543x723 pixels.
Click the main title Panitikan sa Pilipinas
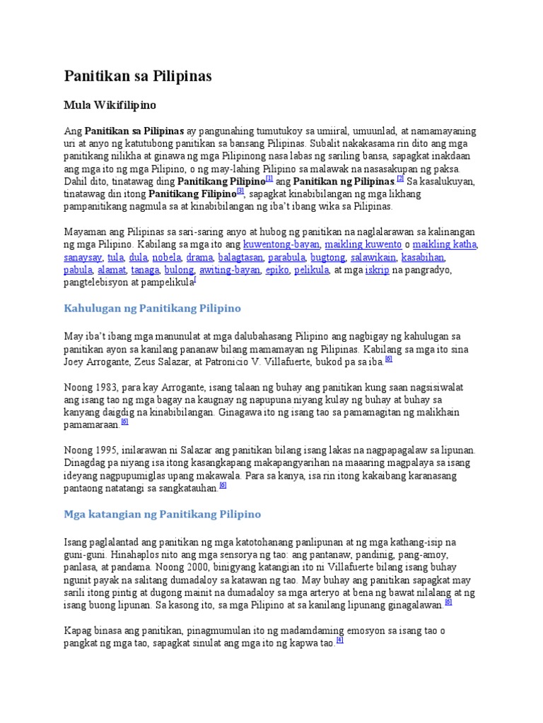coord(138,76)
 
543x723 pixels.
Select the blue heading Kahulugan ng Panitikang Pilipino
coord(153,309)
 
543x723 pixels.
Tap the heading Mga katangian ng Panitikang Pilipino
coord(163,514)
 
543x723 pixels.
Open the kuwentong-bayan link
coord(281,244)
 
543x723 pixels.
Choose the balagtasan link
coord(240,257)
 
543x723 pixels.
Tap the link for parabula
coord(286,257)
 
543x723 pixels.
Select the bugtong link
coord(328,257)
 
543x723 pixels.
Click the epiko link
coord(277,270)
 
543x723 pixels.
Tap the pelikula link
coord(311,270)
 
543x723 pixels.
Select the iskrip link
coord(377,270)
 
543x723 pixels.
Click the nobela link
coord(167,257)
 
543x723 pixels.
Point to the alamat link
coord(112,270)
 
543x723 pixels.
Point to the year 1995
coord(107,450)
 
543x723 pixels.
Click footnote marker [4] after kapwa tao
coord(340,640)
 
